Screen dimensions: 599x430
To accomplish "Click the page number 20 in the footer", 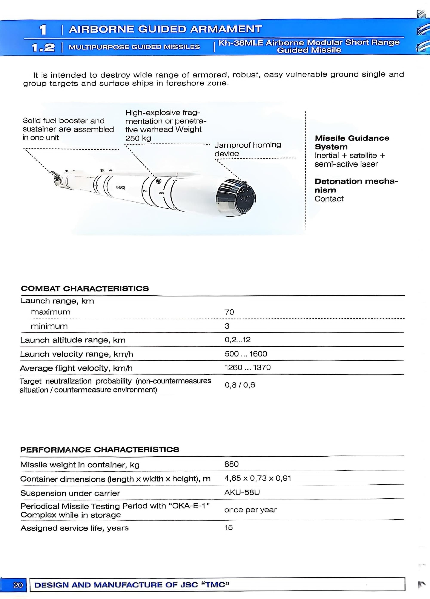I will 18,585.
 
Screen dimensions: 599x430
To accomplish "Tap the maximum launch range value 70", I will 229,312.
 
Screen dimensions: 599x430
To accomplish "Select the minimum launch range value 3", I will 227,326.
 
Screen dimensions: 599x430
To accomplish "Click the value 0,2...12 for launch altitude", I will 238,340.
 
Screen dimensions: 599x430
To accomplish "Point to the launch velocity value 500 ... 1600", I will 246,354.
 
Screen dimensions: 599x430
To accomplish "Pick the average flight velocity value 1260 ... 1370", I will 248,368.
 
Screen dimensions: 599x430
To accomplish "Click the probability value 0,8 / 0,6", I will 240,385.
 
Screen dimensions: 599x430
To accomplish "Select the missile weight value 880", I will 232,464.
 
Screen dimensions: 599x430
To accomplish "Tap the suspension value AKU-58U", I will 242,492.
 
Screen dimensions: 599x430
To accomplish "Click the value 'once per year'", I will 250,510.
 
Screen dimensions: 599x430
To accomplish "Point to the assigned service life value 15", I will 229,527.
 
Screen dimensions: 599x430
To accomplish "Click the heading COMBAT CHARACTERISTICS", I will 85,288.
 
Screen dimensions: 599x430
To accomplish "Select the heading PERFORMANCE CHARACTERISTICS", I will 100,449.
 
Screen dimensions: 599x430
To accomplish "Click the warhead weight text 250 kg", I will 138,138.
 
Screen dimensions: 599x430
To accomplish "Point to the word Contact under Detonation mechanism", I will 329,199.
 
